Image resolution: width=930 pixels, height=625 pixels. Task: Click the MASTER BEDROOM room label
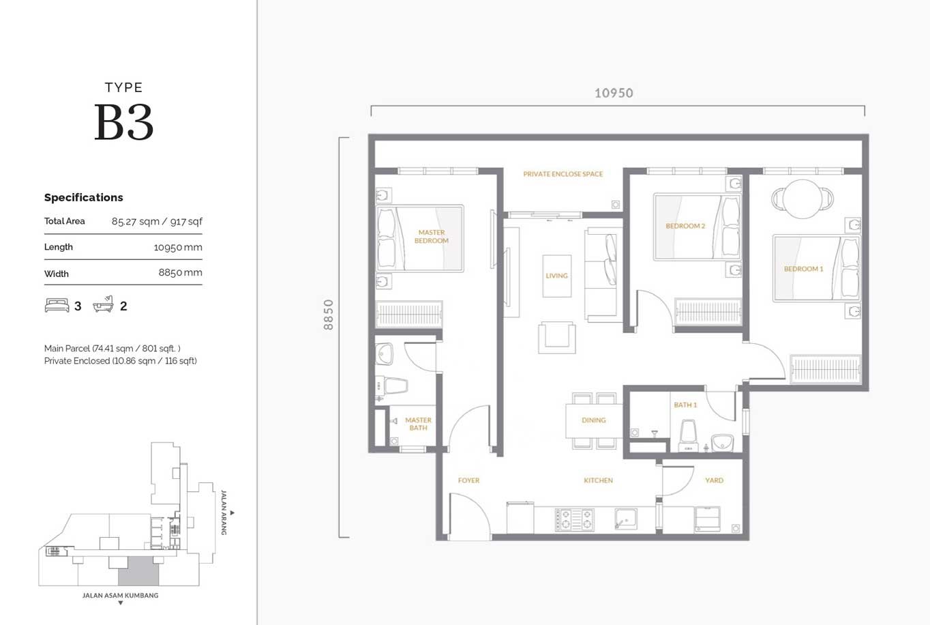coord(432,237)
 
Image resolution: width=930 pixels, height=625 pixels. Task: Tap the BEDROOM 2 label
coord(685,226)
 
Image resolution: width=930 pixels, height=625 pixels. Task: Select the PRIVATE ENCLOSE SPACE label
coord(563,174)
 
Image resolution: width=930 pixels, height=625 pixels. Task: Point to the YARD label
coord(714,480)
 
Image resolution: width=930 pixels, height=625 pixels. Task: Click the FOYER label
coord(468,480)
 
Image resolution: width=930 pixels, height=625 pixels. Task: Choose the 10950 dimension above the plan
coord(614,93)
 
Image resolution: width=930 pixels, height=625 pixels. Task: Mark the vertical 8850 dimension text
coord(329,315)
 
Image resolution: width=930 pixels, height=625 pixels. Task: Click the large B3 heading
coord(123,122)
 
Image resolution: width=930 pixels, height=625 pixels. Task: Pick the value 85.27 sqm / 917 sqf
coord(157,222)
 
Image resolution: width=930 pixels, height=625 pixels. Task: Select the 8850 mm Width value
coord(180,273)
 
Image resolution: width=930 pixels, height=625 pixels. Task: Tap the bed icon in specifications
coord(57,305)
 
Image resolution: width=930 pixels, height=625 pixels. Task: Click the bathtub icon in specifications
coord(104,304)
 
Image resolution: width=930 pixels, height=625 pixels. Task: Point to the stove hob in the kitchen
coord(575,520)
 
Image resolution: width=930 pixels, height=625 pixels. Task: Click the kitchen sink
coord(626,519)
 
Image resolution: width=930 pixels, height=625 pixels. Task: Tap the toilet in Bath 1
coord(688,435)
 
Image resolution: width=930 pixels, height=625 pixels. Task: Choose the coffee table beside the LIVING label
coord(557,276)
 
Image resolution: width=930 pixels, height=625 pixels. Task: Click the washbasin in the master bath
coord(384,353)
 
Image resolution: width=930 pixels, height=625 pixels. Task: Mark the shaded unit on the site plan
coord(138,571)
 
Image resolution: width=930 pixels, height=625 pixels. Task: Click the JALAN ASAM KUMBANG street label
coord(121,596)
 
